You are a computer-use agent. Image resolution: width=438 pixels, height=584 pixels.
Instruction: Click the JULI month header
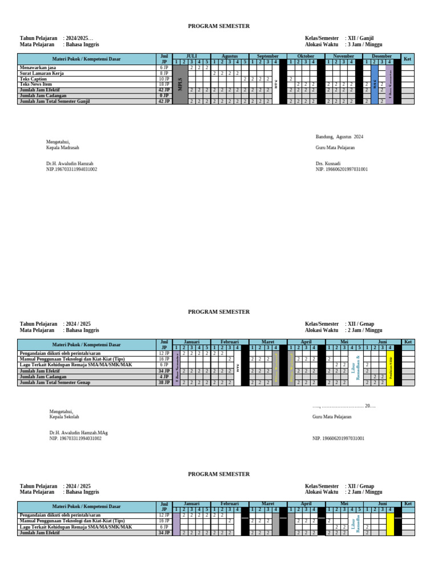[x=192, y=56]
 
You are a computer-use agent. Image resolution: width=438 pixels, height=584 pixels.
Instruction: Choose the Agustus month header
[x=230, y=56]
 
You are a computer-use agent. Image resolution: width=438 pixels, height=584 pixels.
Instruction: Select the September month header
[x=268, y=56]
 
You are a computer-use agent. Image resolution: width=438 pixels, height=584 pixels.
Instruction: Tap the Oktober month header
[x=306, y=56]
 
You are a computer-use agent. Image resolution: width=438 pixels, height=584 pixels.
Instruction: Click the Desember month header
[x=382, y=56]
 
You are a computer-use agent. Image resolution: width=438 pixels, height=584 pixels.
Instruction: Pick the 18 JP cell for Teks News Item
[x=164, y=84]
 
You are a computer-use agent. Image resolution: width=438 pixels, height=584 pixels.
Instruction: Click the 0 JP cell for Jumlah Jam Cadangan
[x=164, y=95]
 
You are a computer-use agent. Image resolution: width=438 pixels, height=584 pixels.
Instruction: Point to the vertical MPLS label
[x=180, y=84]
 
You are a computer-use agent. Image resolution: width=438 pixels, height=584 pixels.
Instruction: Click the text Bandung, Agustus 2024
[x=339, y=137]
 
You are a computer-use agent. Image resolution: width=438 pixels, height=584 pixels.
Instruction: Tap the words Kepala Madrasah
[x=63, y=148]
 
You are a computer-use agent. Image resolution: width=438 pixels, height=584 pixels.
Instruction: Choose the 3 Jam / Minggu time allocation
[x=366, y=44]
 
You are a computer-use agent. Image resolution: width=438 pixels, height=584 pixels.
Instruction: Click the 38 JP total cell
[x=164, y=383]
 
